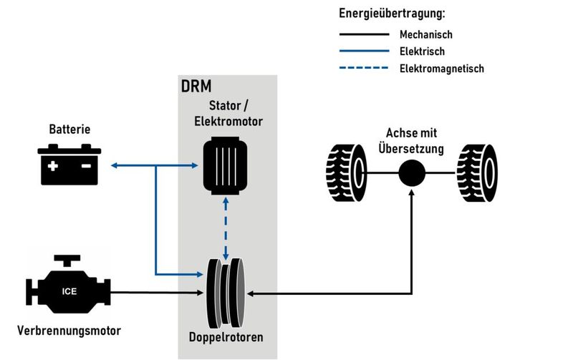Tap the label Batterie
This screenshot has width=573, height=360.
[69, 130]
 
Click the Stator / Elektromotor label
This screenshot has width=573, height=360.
[226, 115]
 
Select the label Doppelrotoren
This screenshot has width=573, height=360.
[226, 336]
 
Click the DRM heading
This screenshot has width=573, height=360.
[198, 87]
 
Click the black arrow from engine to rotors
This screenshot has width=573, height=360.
[158, 293]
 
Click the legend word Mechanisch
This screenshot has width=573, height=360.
[426, 34]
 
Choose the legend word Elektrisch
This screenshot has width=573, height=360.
[423, 52]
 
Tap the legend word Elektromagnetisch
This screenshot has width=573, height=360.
[442, 69]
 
